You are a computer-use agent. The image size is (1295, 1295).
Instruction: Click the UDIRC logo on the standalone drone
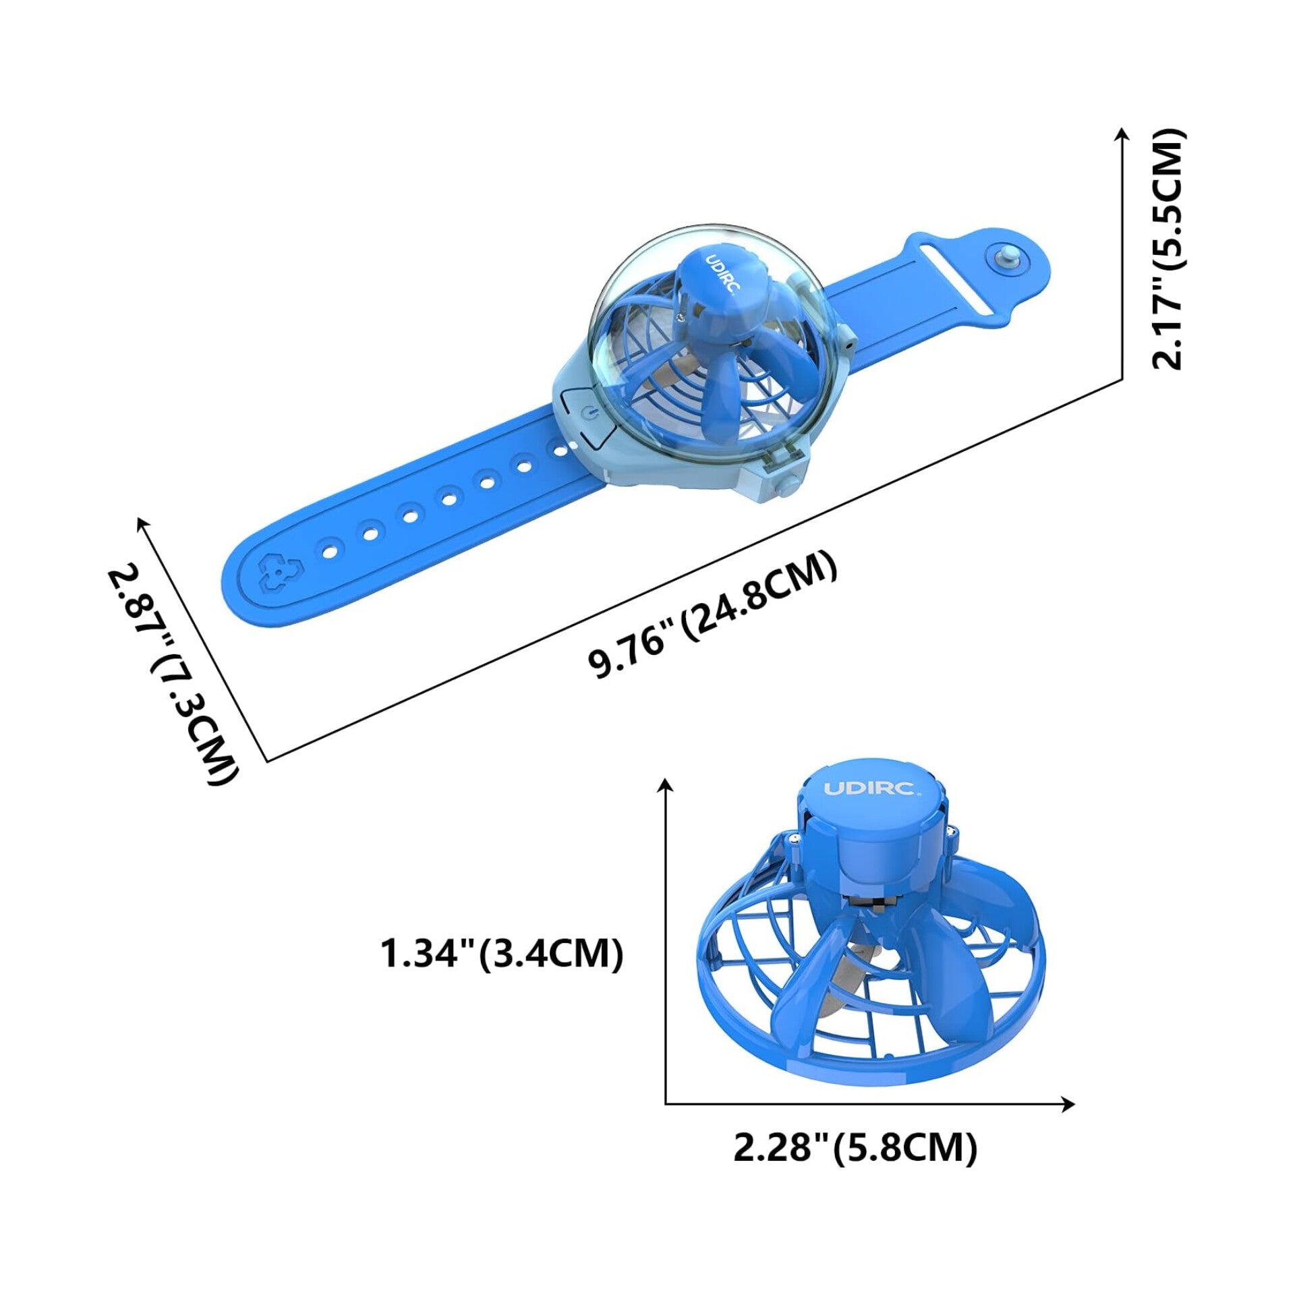coord(869,788)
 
